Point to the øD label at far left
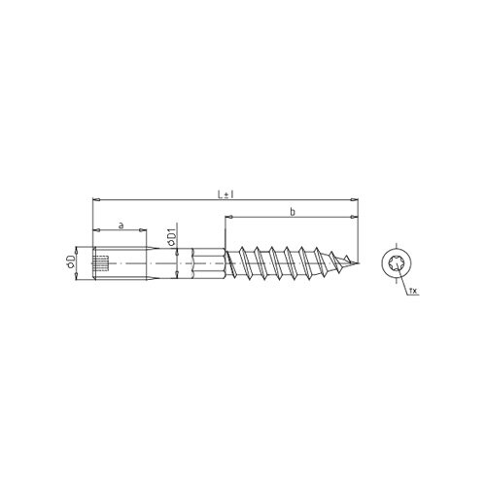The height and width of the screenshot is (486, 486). click(x=71, y=262)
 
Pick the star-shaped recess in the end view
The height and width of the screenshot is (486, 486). click(x=396, y=263)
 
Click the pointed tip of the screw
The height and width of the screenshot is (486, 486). click(x=358, y=262)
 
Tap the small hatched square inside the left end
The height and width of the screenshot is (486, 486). click(x=100, y=262)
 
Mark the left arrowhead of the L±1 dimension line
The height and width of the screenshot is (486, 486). click(x=95, y=201)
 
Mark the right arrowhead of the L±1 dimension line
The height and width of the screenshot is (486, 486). click(x=356, y=201)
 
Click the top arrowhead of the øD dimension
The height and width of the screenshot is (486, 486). click(x=79, y=251)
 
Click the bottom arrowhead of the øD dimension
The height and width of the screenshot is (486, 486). click(x=79, y=274)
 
